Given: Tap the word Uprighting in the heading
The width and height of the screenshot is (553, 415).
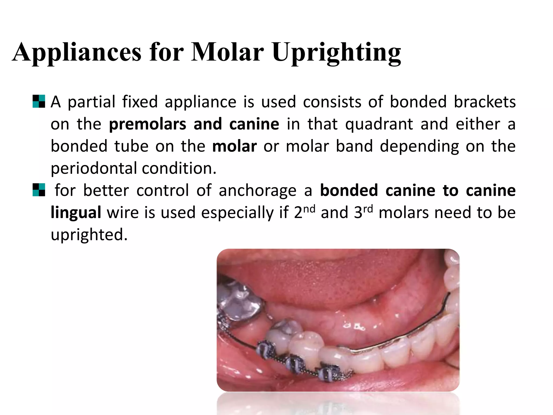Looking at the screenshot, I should (x=336, y=53).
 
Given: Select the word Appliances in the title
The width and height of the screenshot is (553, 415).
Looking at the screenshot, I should (x=77, y=53).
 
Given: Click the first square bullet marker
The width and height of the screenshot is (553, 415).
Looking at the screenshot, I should (x=39, y=102).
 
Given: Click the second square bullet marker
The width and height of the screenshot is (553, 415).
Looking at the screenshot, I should (x=39, y=190).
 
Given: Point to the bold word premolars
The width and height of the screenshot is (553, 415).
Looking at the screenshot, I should (x=147, y=124).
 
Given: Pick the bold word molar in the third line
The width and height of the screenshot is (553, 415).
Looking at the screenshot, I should (x=234, y=146).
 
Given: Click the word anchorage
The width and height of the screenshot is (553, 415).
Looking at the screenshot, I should (x=257, y=190).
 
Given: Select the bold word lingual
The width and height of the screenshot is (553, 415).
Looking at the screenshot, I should (x=76, y=213).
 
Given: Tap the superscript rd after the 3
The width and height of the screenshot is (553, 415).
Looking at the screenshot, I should (x=368, y=209).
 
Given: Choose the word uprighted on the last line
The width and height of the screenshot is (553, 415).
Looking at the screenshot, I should (x=89, y=235).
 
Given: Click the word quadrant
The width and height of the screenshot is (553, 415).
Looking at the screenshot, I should (x=379, y=124).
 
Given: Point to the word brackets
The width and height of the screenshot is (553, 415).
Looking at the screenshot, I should (x=484, y=102).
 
